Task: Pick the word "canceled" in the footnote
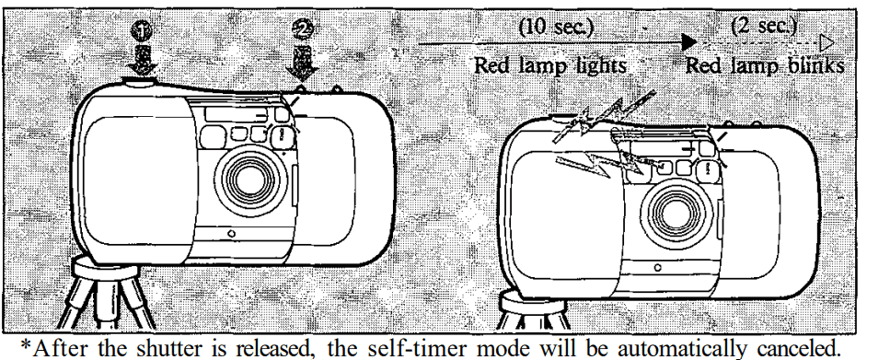[834, 343]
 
